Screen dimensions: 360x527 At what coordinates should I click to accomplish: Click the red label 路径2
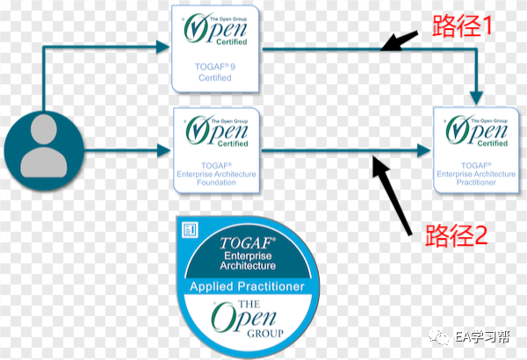[x=456, y=235]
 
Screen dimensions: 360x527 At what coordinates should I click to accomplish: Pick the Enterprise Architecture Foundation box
[x=215, y=150]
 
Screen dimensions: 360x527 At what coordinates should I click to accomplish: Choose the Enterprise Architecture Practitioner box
[x=478, y=149]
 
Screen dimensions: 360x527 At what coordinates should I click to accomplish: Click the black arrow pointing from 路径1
[x=402, y=40]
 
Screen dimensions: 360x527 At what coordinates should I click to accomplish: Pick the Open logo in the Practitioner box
[x=478, y=132]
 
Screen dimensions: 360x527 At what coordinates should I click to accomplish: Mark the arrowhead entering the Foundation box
[x=167, y=150]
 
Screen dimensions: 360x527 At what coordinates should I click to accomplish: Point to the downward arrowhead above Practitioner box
[x=478, y=93]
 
